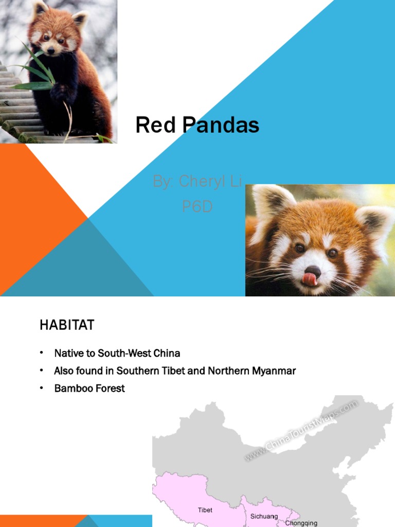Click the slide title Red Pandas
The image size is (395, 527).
point(197,125)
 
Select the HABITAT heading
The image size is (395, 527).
point(67,325)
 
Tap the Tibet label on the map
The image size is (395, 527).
point(205,510)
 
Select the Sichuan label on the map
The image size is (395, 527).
point(264,516)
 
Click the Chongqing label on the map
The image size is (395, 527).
point(301,523)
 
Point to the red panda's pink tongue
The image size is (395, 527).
point(309,278)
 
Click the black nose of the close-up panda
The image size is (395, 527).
point(312,270)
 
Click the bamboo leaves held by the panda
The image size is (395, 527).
point(36,72)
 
